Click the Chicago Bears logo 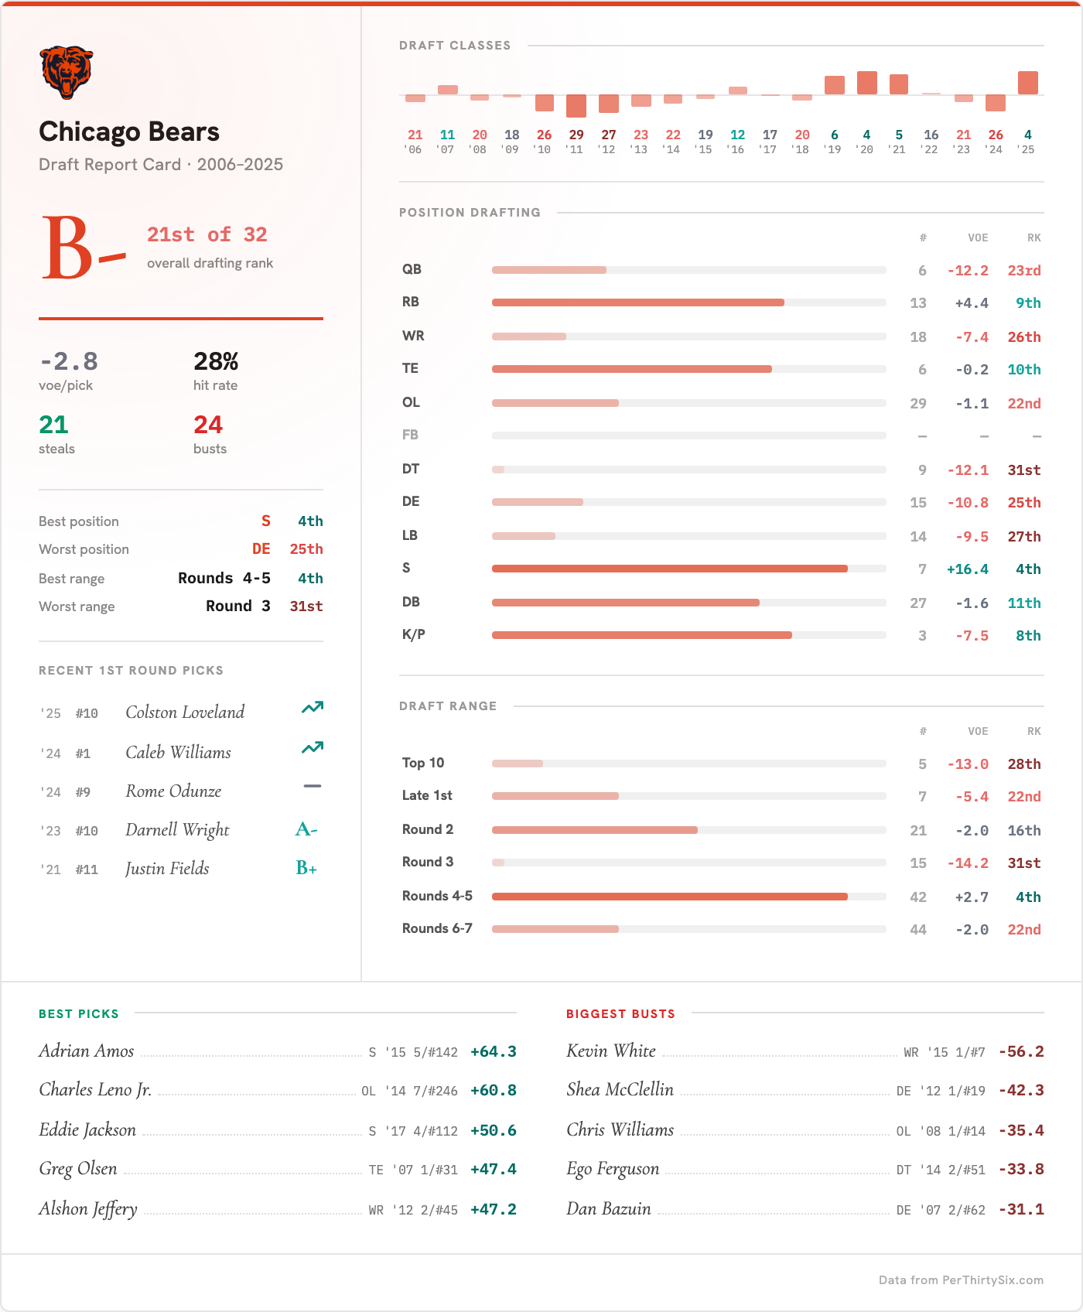[67, 72]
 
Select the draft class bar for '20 [866, 83]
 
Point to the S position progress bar [669, 569]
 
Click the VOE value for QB [968, 271]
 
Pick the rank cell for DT [1023, 470]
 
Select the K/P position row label [414, 635]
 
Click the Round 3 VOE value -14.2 [968, 863]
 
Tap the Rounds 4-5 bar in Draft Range [669, 897]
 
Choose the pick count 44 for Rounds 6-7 [918, 930]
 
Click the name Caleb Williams [179, 753]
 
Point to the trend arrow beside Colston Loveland [313, 708]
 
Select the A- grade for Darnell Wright [306, 830]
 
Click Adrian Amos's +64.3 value [493, 1052]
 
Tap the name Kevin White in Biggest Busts [611, 1051]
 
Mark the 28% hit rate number [216, 361]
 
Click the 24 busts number [208, 425]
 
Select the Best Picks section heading [79, 1014]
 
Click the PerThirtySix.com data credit [961, 1280]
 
